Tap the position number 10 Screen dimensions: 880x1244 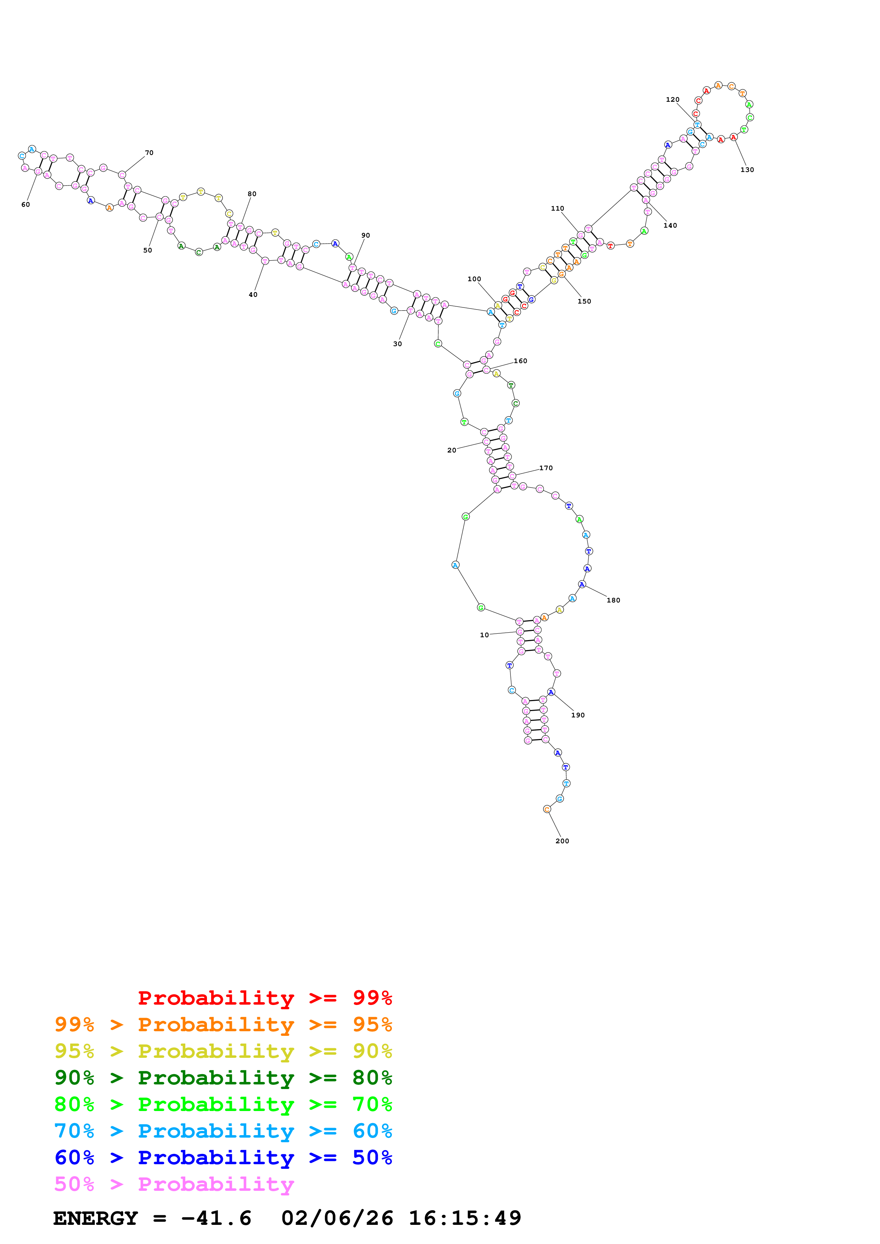coord(484,635)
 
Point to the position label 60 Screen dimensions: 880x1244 coord(26,205)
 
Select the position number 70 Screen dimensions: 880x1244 coord(149,153)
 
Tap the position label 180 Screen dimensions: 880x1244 coord(613,600)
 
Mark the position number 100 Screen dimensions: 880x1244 coord(474,279)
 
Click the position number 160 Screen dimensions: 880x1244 coord(520,361)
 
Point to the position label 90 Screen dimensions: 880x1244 coord(365,236)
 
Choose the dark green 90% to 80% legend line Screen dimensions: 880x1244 coord(223,1078)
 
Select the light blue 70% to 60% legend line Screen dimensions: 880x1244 coord(223,1131)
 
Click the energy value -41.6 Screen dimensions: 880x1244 coord(216,1218)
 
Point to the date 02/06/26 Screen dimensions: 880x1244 coord(337,1218)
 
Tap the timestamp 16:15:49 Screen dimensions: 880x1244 coord(465,1218)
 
